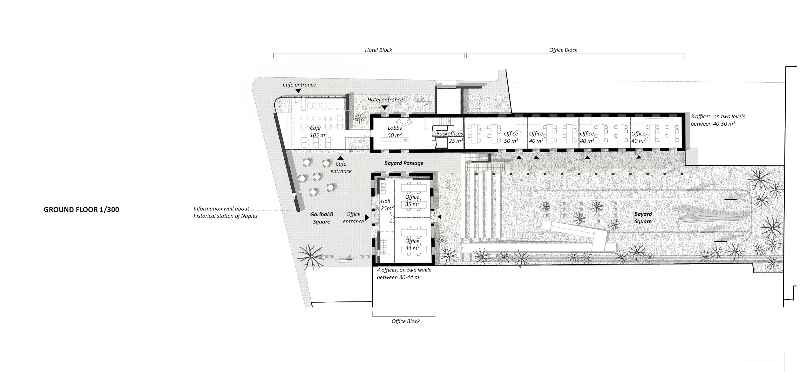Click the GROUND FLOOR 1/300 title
pyautogui.click(x=81, y=210)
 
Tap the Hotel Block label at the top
pyautogui.click(x=378, y=50)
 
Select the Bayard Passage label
pyautogui.click(x=404, y=163)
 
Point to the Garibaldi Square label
pyautogui.click(x=322, y=218)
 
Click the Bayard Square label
pyautogui.click(x=643, y=218)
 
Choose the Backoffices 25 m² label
pyautogui.click(x=450, y=137)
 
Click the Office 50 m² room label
pyautogui.click(x=511, y=137)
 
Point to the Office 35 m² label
pyautogui.click(x=412, y=201)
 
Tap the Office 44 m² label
pyautogui.click(x=412, y=245)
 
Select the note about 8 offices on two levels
pyautogui.click(x=718, y=120)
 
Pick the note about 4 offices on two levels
pyautogui.click(x=404, y=273)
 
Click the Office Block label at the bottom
pyautogui.click(x=406, y=321)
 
